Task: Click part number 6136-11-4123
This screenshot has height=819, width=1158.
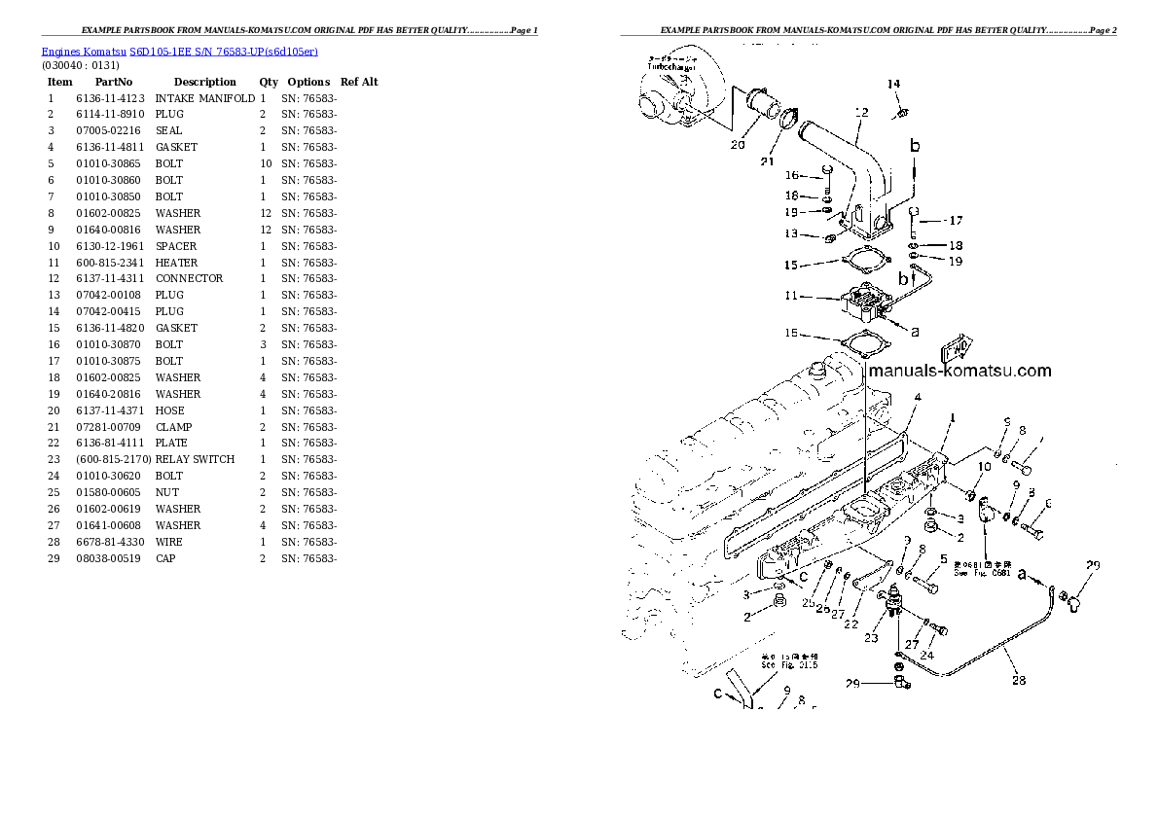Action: (110, 98)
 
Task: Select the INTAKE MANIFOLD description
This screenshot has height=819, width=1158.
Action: (204, 98)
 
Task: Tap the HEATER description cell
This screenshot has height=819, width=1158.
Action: (176, 263)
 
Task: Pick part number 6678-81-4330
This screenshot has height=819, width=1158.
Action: (110, 542)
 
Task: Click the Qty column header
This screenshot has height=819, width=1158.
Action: (269, 82)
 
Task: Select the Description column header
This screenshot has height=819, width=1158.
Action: (204, 82)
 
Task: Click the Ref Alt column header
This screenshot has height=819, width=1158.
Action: (359, 82)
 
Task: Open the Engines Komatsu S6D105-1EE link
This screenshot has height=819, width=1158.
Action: (179, 51)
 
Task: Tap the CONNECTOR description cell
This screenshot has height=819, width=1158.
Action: (189, 278)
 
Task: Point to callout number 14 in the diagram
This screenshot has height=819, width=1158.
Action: (893, 85)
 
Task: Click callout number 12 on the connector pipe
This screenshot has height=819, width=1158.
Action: (860, 113)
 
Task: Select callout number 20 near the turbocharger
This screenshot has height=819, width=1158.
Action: (737, 145)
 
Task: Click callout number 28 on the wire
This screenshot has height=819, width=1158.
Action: (1018, 680)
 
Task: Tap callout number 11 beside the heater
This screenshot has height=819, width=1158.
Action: (791, 296)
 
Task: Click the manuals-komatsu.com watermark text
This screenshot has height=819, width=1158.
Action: (959, 371)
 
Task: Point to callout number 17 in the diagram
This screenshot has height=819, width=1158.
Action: (956, 220)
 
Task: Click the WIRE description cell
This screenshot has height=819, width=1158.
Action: (168, 542)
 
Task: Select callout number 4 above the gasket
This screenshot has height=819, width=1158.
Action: (917, 397)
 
